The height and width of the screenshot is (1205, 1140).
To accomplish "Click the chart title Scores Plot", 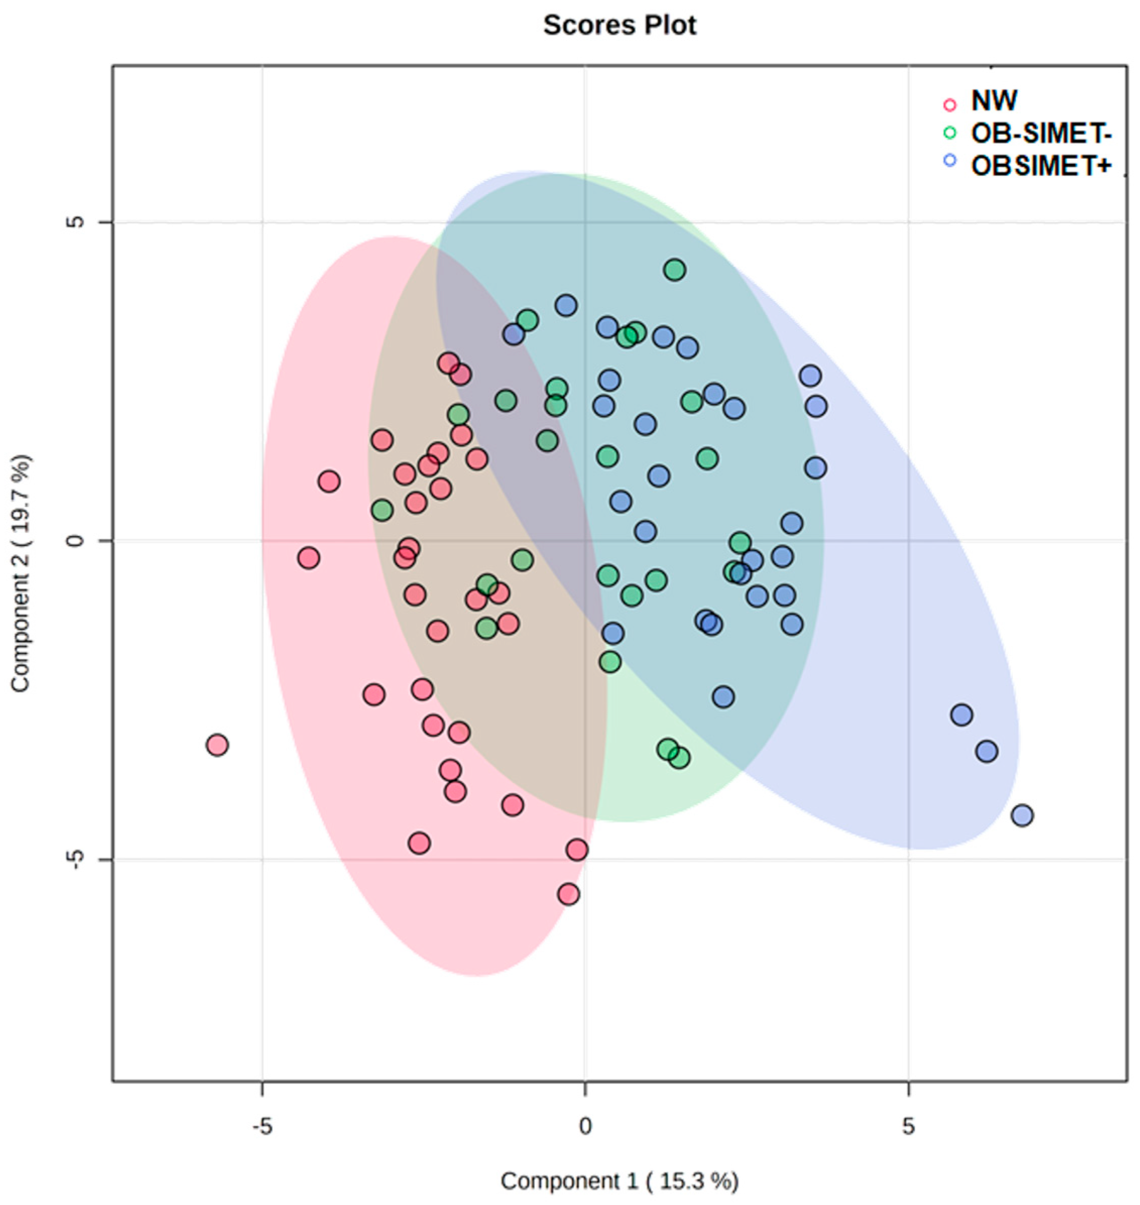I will [619, 26].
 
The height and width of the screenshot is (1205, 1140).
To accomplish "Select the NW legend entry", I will [994, 101].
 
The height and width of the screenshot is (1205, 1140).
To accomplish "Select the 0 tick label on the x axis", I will [584, 1126].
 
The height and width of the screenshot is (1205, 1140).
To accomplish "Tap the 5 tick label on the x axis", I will [908, 1126].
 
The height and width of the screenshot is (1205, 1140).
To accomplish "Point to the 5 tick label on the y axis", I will [75, 222].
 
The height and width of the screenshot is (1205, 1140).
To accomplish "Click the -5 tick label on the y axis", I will [75, 859].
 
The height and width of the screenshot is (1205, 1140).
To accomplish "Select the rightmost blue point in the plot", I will [1022, 815].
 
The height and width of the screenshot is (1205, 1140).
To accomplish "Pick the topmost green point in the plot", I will [675, 270].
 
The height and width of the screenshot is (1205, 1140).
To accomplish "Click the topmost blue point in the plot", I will [566, 305].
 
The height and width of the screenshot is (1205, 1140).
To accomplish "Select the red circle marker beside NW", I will [950, 104].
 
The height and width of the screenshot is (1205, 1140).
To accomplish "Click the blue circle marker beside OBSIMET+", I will [950, 160].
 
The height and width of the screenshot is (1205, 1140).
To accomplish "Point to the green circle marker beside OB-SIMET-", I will [950, 133].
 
